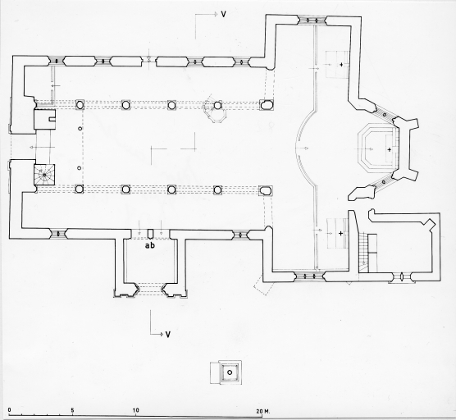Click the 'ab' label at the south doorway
[x=150, y=245]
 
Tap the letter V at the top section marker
[x=223, y=14]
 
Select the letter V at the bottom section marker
[x=168, y=335]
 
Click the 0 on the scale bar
[x=10, y=410]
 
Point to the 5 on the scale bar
[x=72, y=410]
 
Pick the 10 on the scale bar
[x=135, y=410]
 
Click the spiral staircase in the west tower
[x=44, y=175]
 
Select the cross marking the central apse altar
[x=390, y=149]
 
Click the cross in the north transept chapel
[x=341, y=64]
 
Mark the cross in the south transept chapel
[x=340, y=233]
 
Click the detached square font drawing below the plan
[x=226, y=372]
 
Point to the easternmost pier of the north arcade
[x=266, y=105]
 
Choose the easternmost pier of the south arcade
[x=266, y=190]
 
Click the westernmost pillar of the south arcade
[x=79, y=189]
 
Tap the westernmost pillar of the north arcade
[x=80, y=104]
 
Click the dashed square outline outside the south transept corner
[x=264, y=285]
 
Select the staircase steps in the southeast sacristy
[x=363, y=252]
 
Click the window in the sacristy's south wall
[x=402, y=276]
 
